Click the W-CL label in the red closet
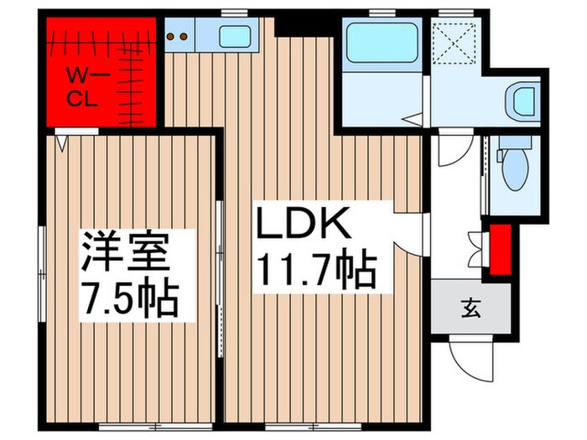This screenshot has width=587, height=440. tap(84, 86)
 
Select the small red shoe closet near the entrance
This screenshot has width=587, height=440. tap(501, 250)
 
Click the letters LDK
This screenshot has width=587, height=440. tap(299, 227)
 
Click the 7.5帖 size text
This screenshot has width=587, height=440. tap(129, 295)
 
